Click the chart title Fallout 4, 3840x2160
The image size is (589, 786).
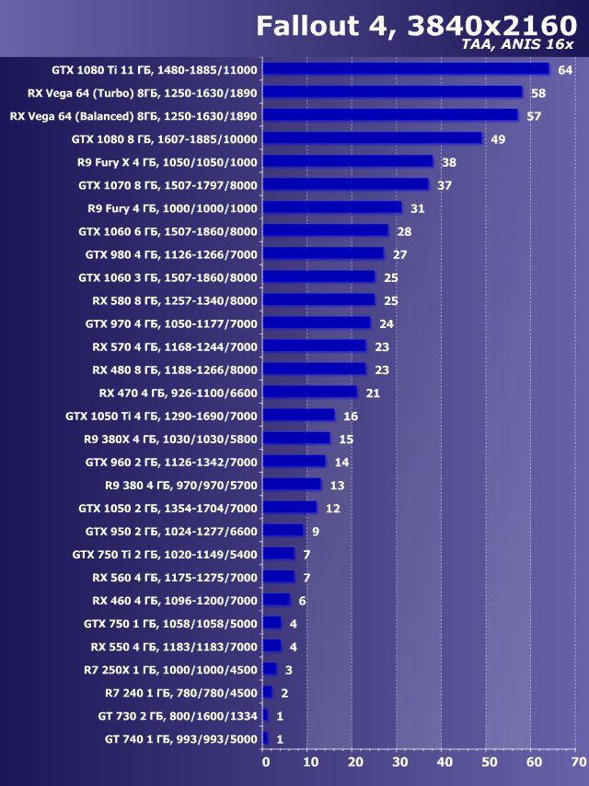point(416,25)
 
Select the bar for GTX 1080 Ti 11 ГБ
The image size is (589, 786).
point(406,69)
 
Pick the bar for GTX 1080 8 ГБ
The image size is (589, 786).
point(372,138)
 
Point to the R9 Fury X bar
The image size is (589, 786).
point(347,161)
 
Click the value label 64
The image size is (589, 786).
point(564,70)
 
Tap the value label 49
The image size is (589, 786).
point(498,139)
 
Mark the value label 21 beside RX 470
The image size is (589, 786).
point(373,393)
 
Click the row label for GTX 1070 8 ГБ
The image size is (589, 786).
point(167,185)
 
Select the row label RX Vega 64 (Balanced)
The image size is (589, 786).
point(133,116)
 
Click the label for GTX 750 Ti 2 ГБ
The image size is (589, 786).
point(165,554)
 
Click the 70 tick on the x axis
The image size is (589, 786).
point(578,762)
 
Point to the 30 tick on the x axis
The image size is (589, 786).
point(399,762)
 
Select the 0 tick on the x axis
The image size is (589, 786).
point(266,762)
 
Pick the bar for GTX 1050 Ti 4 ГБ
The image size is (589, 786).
point(298,415)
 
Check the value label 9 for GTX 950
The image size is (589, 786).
point(315,531)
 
